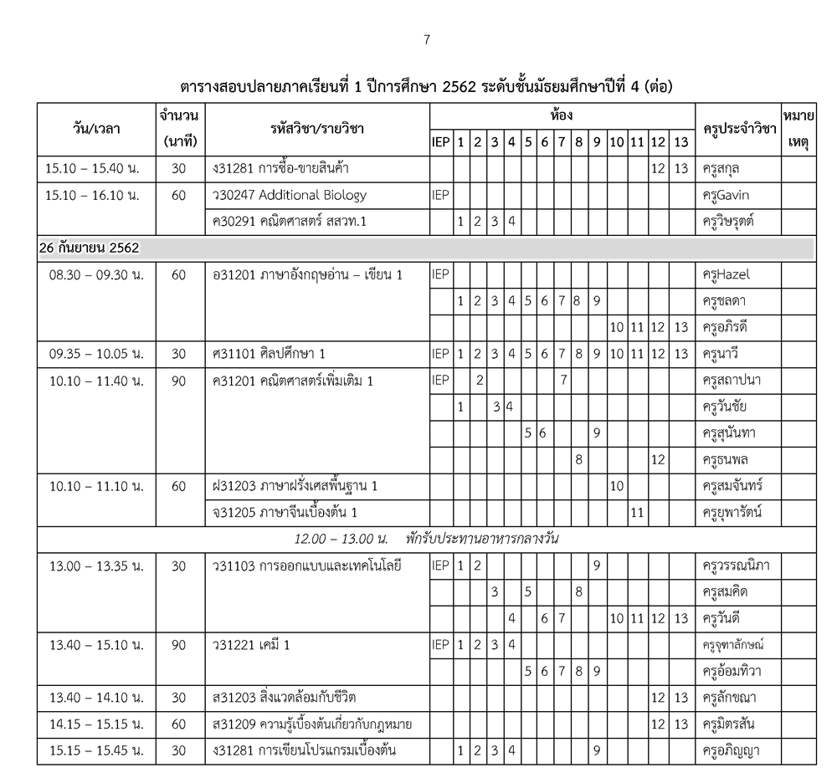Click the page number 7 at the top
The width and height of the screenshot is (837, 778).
(x=427, y=39)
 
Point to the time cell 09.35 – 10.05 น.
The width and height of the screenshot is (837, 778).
(x=94, y=353)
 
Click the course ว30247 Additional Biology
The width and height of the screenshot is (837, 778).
(x=290, y=195)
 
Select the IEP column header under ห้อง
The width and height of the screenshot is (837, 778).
(x=440, y=142)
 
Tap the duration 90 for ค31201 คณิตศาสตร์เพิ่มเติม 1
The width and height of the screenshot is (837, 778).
(x=178, y=380)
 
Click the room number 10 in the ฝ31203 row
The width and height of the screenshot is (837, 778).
(x=617, y=485)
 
